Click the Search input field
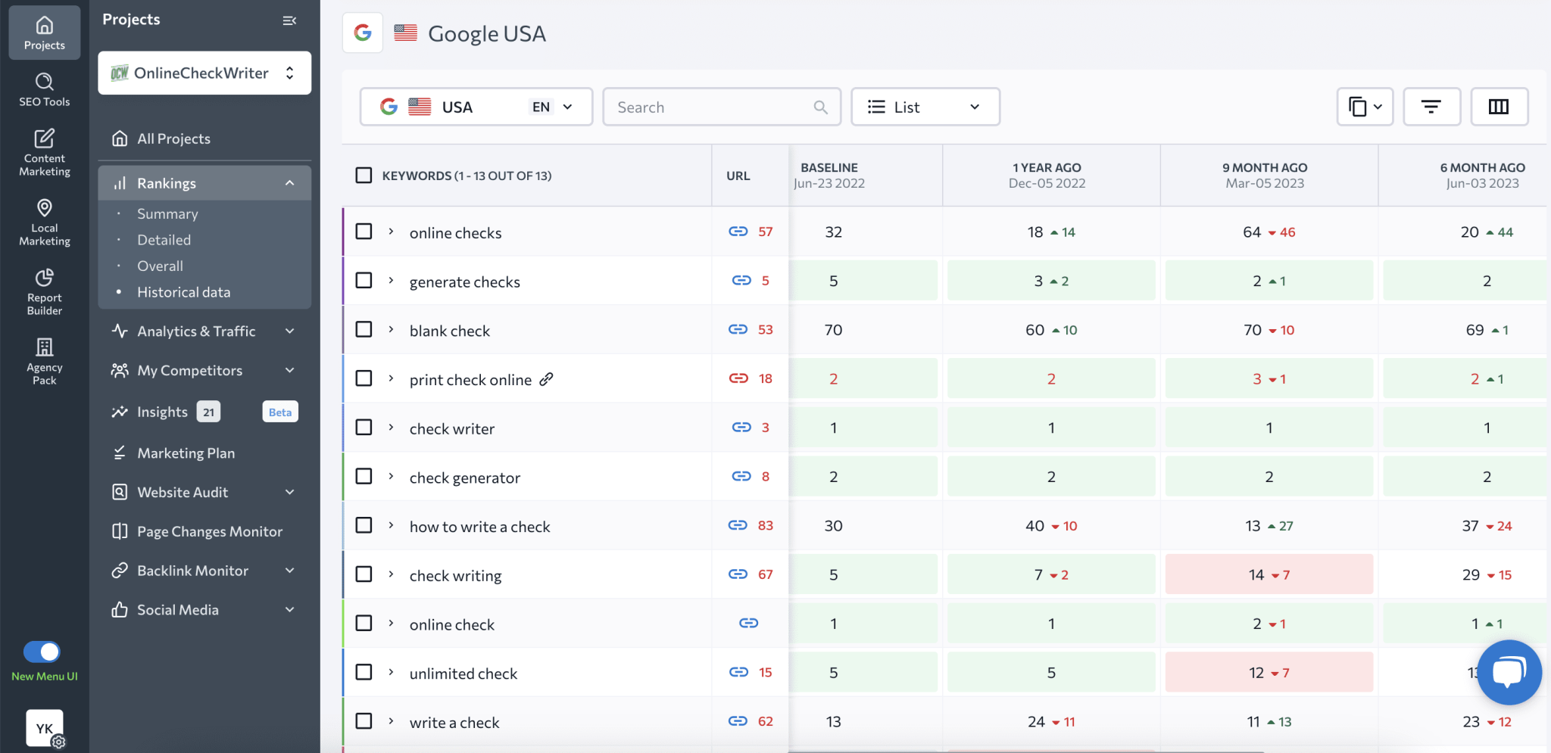(x=712, y=107)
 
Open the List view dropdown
(x=925, y=107)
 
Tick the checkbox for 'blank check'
(x=364, y=329)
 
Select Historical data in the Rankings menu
(x=183, y=292)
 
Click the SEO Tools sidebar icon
(x=45, y=89)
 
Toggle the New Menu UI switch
(x=42, y=652)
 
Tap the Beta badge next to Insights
(x=279, y=412)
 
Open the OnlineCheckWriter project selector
(x=204, y=73)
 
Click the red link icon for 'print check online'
(x=738, y=378)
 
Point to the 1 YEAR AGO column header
(x=1047, y=175)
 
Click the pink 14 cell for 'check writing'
(x=1269, y=574)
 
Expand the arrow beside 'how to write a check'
(x=391, y=525)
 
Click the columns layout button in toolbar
(x=1498, y=107)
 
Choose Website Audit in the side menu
(x=183, y=492)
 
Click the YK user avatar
(x=44, y=728)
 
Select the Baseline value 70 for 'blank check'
(x=833, y=330)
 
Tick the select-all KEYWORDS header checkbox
(x=364, y=176)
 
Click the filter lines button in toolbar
(x=1431, y=107)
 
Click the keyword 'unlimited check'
(x=463, y=674)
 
